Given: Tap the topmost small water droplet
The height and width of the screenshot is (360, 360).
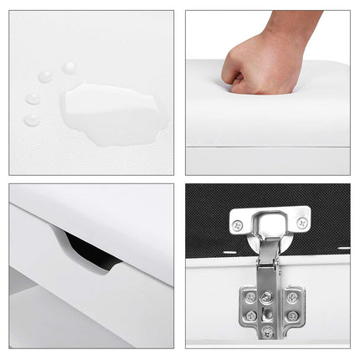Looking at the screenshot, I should [69, 67].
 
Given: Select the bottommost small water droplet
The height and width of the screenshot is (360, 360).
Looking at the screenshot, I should [32, 120].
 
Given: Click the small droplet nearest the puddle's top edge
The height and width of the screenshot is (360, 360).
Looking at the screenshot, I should [45, 77].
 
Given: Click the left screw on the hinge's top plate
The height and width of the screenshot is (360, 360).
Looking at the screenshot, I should [238, 224].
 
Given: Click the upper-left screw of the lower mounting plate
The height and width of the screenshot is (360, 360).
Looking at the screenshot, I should [250, 297].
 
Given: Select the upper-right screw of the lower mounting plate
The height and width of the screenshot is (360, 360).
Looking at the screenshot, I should [292, 297].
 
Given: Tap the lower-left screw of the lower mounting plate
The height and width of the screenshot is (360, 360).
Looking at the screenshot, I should [250, 316].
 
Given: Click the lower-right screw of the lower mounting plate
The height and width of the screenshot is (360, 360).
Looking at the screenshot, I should [292, 316].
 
